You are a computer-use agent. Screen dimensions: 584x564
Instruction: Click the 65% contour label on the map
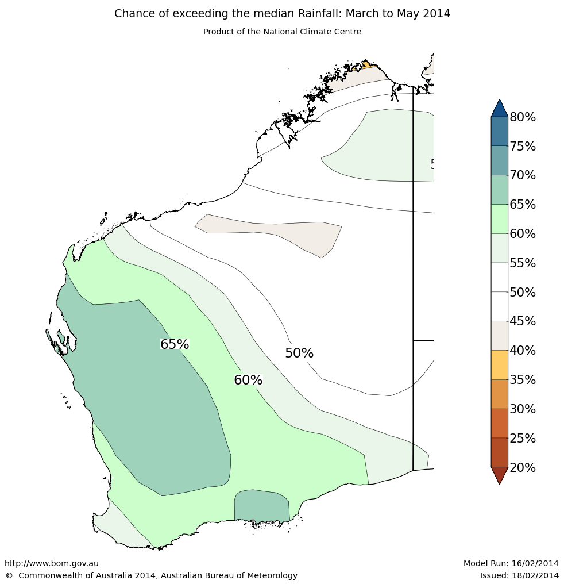click(175, 344)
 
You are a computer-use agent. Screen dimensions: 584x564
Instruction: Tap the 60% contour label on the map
click(248, 380)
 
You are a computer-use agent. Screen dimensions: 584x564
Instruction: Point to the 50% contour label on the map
click(299, 354)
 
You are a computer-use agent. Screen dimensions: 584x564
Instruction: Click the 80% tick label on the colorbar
click(523, 117)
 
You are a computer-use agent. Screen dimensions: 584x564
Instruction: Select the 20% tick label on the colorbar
click(523, 468)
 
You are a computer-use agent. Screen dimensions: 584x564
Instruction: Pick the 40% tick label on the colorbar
click(523, 351)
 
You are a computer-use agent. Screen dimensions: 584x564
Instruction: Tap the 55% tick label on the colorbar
click(523, 263)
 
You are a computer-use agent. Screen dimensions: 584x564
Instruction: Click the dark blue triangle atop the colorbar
click(499, 109)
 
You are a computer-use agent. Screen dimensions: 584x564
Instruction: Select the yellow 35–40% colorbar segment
click(499, 365)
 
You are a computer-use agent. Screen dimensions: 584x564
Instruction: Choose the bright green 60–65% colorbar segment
click(499, 219)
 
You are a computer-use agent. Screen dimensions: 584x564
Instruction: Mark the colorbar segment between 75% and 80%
click(499, 131)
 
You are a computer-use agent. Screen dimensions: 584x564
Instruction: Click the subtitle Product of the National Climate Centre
click(282, 32)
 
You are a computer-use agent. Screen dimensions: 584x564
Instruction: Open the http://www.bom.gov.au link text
click(52, 564)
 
